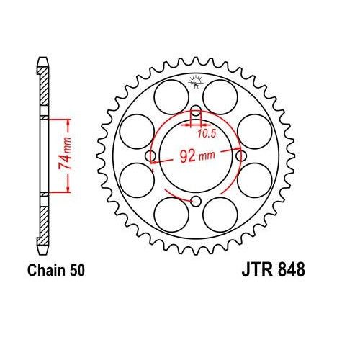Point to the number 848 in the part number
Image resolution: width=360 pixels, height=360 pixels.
click(x=289, y=271)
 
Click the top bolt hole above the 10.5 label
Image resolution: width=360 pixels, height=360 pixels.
click(x=195, y=112)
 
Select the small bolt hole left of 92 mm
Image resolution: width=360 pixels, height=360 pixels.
click(x=150, y=156)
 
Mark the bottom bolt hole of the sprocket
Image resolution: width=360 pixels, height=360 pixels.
click(x=195, y=201)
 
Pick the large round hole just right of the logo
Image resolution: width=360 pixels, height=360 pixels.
click(x=221, y=93)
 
